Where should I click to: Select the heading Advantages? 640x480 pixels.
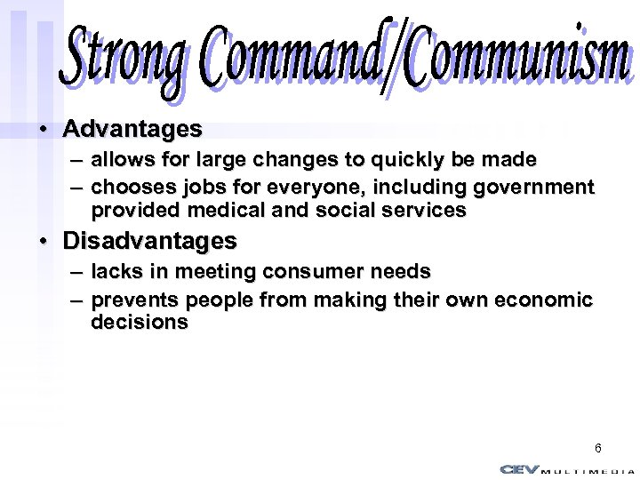pyautogui.click(x=132, y=129)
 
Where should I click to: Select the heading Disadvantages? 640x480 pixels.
pyautogui.click(x=149, y=241)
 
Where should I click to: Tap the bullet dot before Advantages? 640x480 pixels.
pyautogui.click(x=43, y=130)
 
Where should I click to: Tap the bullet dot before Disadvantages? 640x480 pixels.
pyautogui.click(x=43, y=242)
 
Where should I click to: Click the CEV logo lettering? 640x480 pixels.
pyautogui.click(x=520, y=468)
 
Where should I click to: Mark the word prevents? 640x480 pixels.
pyautogui.click(x=130, y=300)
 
